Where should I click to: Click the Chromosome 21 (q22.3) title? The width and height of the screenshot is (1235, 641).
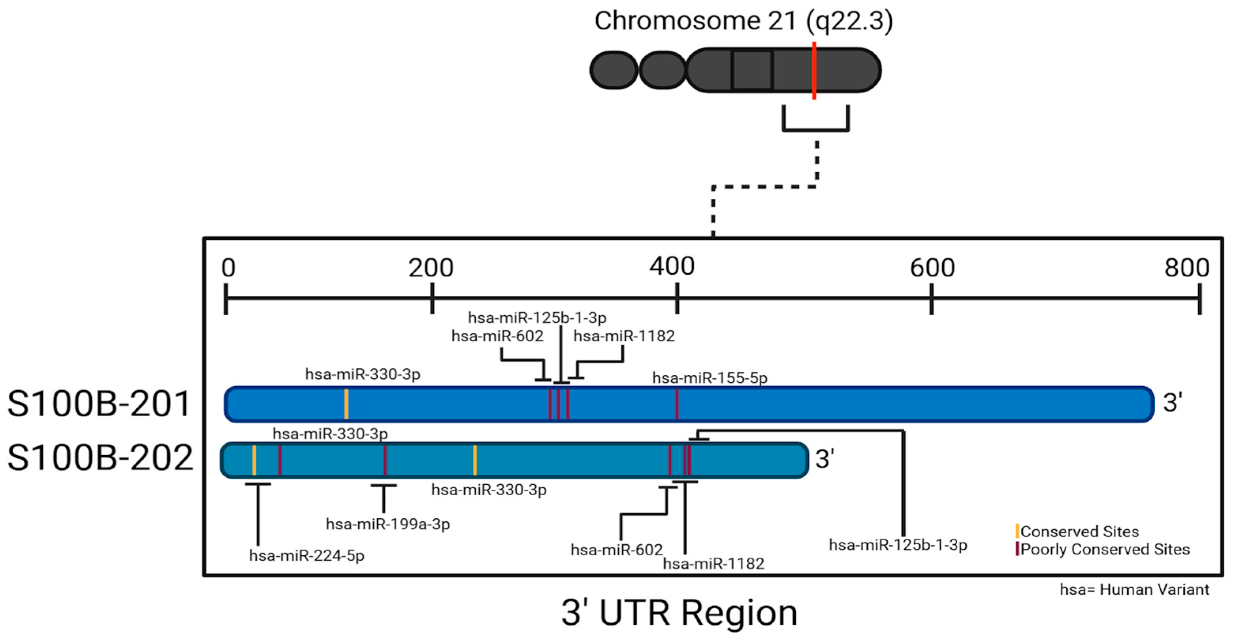[743, 22]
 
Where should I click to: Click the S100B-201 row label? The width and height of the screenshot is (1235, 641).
[99, 404]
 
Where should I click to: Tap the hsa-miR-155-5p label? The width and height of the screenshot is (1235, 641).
[710, 378]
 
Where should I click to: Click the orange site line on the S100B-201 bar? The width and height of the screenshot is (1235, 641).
[346, 404]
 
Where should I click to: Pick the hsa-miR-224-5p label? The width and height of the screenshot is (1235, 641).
[307, 556]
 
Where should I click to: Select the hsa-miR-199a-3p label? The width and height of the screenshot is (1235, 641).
[388, 524]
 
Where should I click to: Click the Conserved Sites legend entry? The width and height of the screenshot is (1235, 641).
[1079, 531]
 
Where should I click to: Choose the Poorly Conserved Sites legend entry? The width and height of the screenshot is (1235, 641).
[1105, 549]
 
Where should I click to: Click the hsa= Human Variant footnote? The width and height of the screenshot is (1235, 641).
[1134, 589]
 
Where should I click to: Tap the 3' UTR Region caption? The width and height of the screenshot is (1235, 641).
[680, 613]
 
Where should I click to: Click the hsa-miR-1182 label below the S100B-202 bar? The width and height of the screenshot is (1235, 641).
[714, 564]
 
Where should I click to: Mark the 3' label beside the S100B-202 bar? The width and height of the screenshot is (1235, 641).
[825, 459]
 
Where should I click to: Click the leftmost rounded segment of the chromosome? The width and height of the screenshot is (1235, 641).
[614, 70]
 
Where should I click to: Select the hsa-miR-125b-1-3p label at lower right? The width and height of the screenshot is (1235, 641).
[898, 545]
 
